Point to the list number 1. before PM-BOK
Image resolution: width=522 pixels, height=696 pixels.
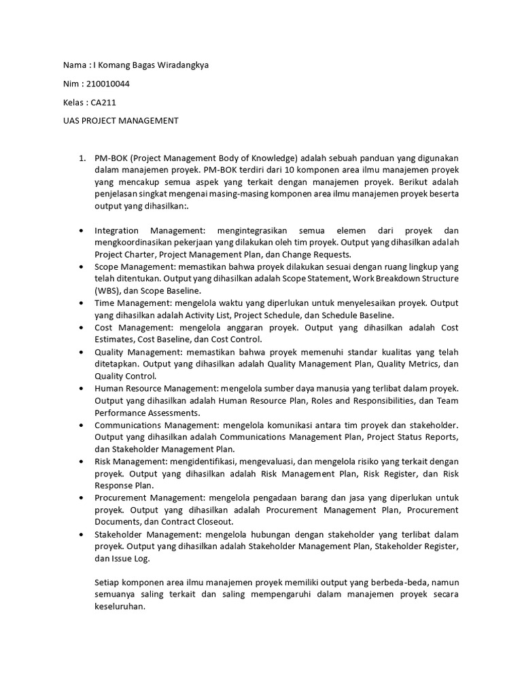[x=81, y=158]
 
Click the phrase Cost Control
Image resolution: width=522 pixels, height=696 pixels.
[x=236, y=339]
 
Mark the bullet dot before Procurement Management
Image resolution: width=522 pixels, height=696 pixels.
[x=82, y=498]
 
